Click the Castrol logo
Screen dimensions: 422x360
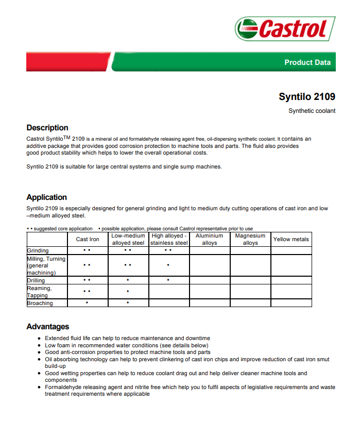click(x=285, y=28)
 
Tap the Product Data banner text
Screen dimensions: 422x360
click(x=307, y=62)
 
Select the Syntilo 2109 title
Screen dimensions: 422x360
click(x=307, y=96)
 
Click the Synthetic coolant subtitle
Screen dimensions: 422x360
click(x=312, y=111)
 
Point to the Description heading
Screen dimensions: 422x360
click(x=47, y=128)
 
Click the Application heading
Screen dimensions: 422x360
click(x=47, y=197)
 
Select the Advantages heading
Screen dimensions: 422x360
click(x=48, y=327)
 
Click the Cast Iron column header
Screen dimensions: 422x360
click(x=88, y=240)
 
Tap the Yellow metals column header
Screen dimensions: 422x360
click(x=291, y=240)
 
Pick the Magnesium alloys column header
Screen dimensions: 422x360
click(x=250, y=240)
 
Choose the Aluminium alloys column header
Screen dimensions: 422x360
click(x=210, y=240)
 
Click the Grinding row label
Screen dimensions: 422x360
click(x=38, y=251)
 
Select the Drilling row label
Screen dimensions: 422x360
click(x=36, y=280)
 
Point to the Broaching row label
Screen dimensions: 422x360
click(x=40, y=303)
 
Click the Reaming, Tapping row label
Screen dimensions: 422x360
click(x=39, y=292)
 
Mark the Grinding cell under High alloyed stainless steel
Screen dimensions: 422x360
click(x=168, y=250)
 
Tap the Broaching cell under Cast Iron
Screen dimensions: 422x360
click(x=87, y=303)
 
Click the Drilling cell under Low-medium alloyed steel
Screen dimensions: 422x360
click(x=128, y=280)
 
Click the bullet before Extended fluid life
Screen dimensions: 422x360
click(x=40, y=339)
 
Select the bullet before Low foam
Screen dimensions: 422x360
click(x=40, y=346)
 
